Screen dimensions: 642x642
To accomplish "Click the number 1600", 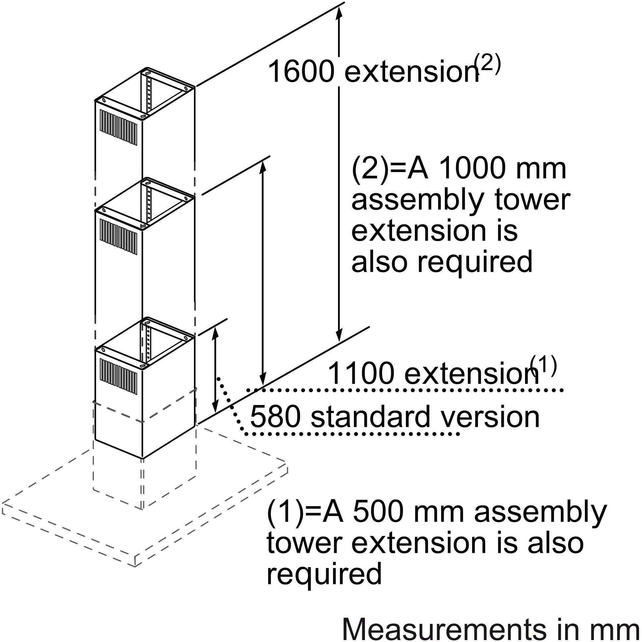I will click(300, 72).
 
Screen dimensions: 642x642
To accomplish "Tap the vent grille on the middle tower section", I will click(118, 233).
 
